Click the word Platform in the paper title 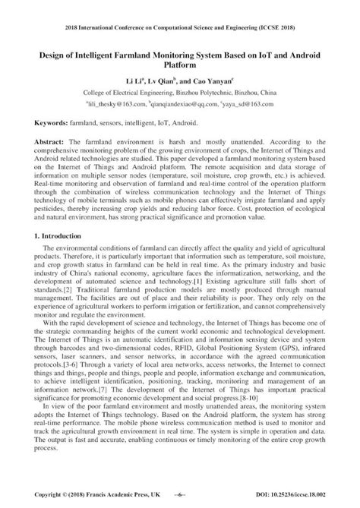180,66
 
